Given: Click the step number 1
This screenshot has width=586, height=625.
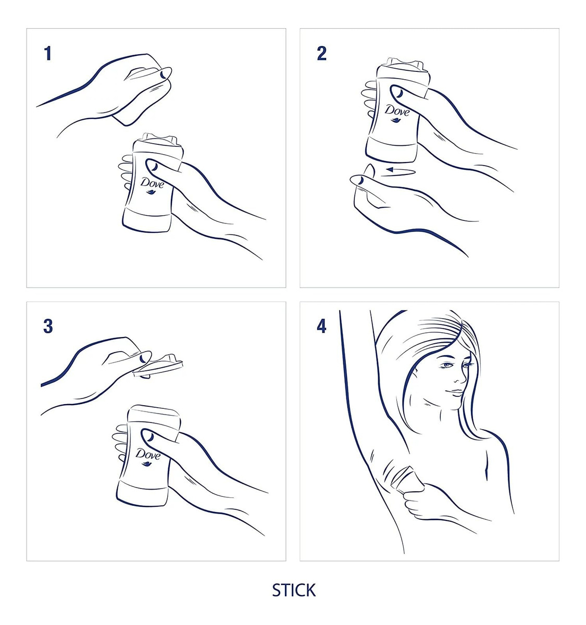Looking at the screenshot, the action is [48, 54].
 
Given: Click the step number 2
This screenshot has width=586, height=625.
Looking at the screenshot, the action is [321, 54].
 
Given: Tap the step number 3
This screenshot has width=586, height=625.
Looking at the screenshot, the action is [48, 327].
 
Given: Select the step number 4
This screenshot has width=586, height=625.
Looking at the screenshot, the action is [321, 327].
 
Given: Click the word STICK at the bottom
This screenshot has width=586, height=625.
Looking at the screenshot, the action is [294, 591].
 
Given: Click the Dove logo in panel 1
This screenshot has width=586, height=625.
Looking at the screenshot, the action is [153, 185].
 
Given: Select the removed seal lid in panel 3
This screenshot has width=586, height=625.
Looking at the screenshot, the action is [158, 366].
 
